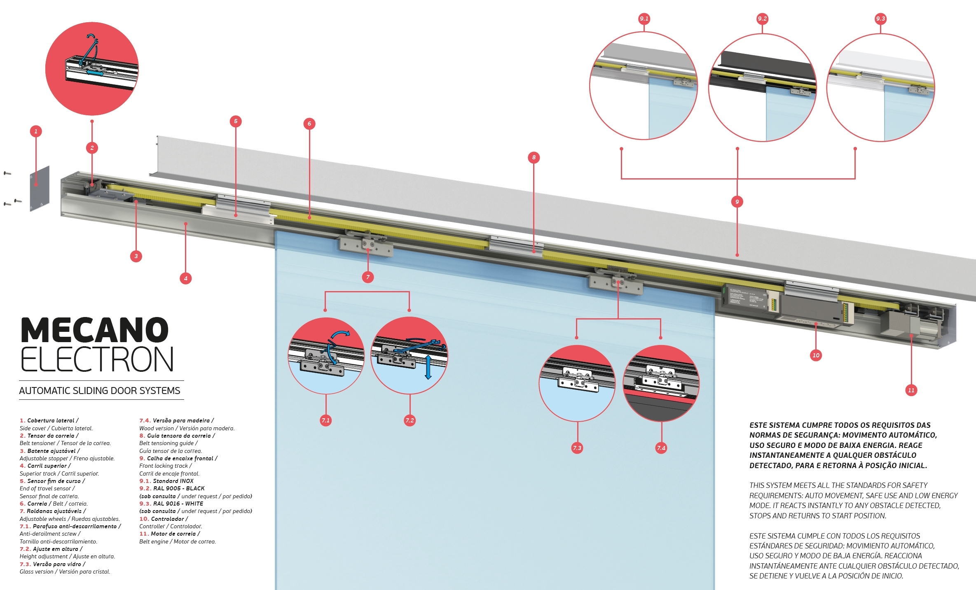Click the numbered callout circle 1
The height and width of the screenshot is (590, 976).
coord(36,131)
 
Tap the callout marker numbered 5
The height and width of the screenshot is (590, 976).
coord(236,121)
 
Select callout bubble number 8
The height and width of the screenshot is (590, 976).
coord(534,157)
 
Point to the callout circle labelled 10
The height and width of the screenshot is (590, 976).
coord(816,355)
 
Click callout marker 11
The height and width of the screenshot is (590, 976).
coord(911,390)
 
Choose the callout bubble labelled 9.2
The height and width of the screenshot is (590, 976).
coord(762,19)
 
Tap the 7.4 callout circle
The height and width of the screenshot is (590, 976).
coord(661,448)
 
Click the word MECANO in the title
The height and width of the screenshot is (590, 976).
coord(95,330)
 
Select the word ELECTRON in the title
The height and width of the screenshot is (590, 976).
coord(97,359)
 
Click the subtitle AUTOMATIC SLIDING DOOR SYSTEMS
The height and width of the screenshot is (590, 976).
coord(100,391)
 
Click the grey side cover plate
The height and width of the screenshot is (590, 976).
coord(40,189)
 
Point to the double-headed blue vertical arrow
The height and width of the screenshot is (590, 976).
coord(428,367)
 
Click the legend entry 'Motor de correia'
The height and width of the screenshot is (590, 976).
coord(173,534)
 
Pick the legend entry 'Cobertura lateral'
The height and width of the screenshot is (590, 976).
coord(51,420)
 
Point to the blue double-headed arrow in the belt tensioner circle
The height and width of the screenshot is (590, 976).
coord(95,72)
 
